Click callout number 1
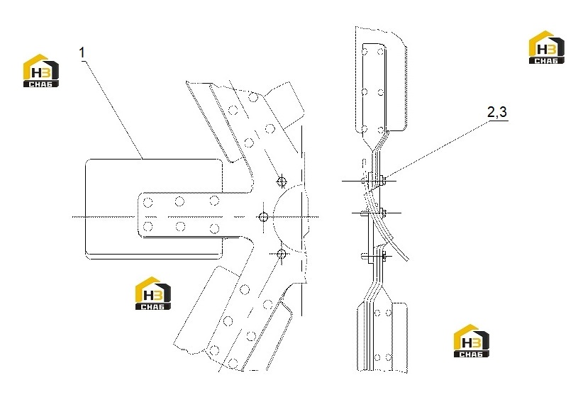tap(82, 52)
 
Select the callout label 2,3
tap(497, 112)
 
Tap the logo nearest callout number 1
tap(41, 71)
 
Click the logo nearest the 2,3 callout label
tap(546, 48)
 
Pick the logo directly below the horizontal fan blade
tap(153, 294)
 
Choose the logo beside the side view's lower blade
tap(472, 341)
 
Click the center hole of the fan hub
tap(263, 217)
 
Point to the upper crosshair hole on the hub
tap(282, 181)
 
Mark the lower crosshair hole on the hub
tap(282, 254)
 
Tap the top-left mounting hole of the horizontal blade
tap(148, 202)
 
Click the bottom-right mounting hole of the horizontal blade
tap(213, 228)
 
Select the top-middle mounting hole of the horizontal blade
tap(179, 201)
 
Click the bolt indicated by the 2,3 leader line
tap(384, 181)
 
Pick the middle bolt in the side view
tap(384, 212)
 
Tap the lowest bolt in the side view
tap(384, 255)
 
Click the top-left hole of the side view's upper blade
tap(365, 52)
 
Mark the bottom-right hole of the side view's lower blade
tap(388, 357)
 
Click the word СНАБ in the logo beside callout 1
tap(41, 84)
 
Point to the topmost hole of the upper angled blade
tap(253, 97)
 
